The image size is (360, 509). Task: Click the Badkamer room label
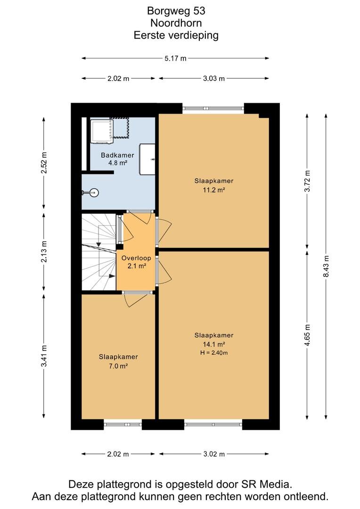(117, 155)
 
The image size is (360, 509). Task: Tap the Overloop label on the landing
(136, 258)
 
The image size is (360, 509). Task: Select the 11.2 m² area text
(214, 190)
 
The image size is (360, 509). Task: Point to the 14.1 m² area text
(214, 345)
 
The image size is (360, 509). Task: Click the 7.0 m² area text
(118, 366)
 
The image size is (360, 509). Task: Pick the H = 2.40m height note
(214, 353)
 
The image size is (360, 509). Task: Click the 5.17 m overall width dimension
(175, 58)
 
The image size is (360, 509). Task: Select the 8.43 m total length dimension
(326, 266)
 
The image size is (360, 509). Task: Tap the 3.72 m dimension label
(307, 181)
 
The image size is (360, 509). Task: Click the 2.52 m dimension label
(44, 163)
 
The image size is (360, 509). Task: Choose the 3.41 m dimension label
(44, 356)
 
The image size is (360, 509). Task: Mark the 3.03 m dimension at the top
(214, 79)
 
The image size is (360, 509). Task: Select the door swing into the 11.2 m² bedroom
(165, 231)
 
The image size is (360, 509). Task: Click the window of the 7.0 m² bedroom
(123, 424)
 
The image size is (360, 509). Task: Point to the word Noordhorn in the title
(176, 23)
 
